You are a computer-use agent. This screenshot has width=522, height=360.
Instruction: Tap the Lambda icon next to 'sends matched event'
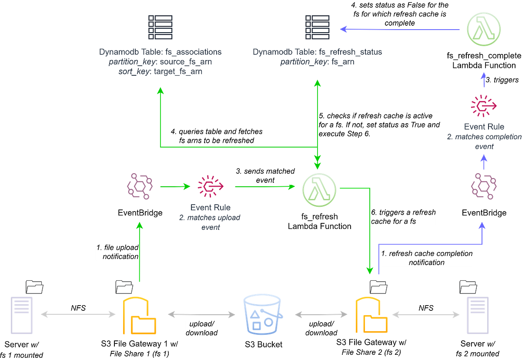319,187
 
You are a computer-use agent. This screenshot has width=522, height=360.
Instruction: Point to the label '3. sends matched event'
265,175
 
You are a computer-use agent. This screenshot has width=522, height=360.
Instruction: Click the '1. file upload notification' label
117,252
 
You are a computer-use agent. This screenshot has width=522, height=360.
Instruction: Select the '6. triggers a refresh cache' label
403,217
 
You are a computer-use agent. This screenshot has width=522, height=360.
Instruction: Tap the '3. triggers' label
502,80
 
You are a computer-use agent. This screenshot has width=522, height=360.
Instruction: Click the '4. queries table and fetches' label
216,136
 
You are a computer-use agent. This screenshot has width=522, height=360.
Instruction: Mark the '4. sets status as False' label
399,14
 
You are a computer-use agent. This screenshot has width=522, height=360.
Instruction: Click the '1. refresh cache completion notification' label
426,258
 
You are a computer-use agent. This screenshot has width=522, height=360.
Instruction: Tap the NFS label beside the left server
78,308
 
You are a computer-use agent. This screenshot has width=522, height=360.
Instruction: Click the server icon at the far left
21,315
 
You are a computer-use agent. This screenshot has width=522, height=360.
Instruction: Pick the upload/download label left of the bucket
201,328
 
